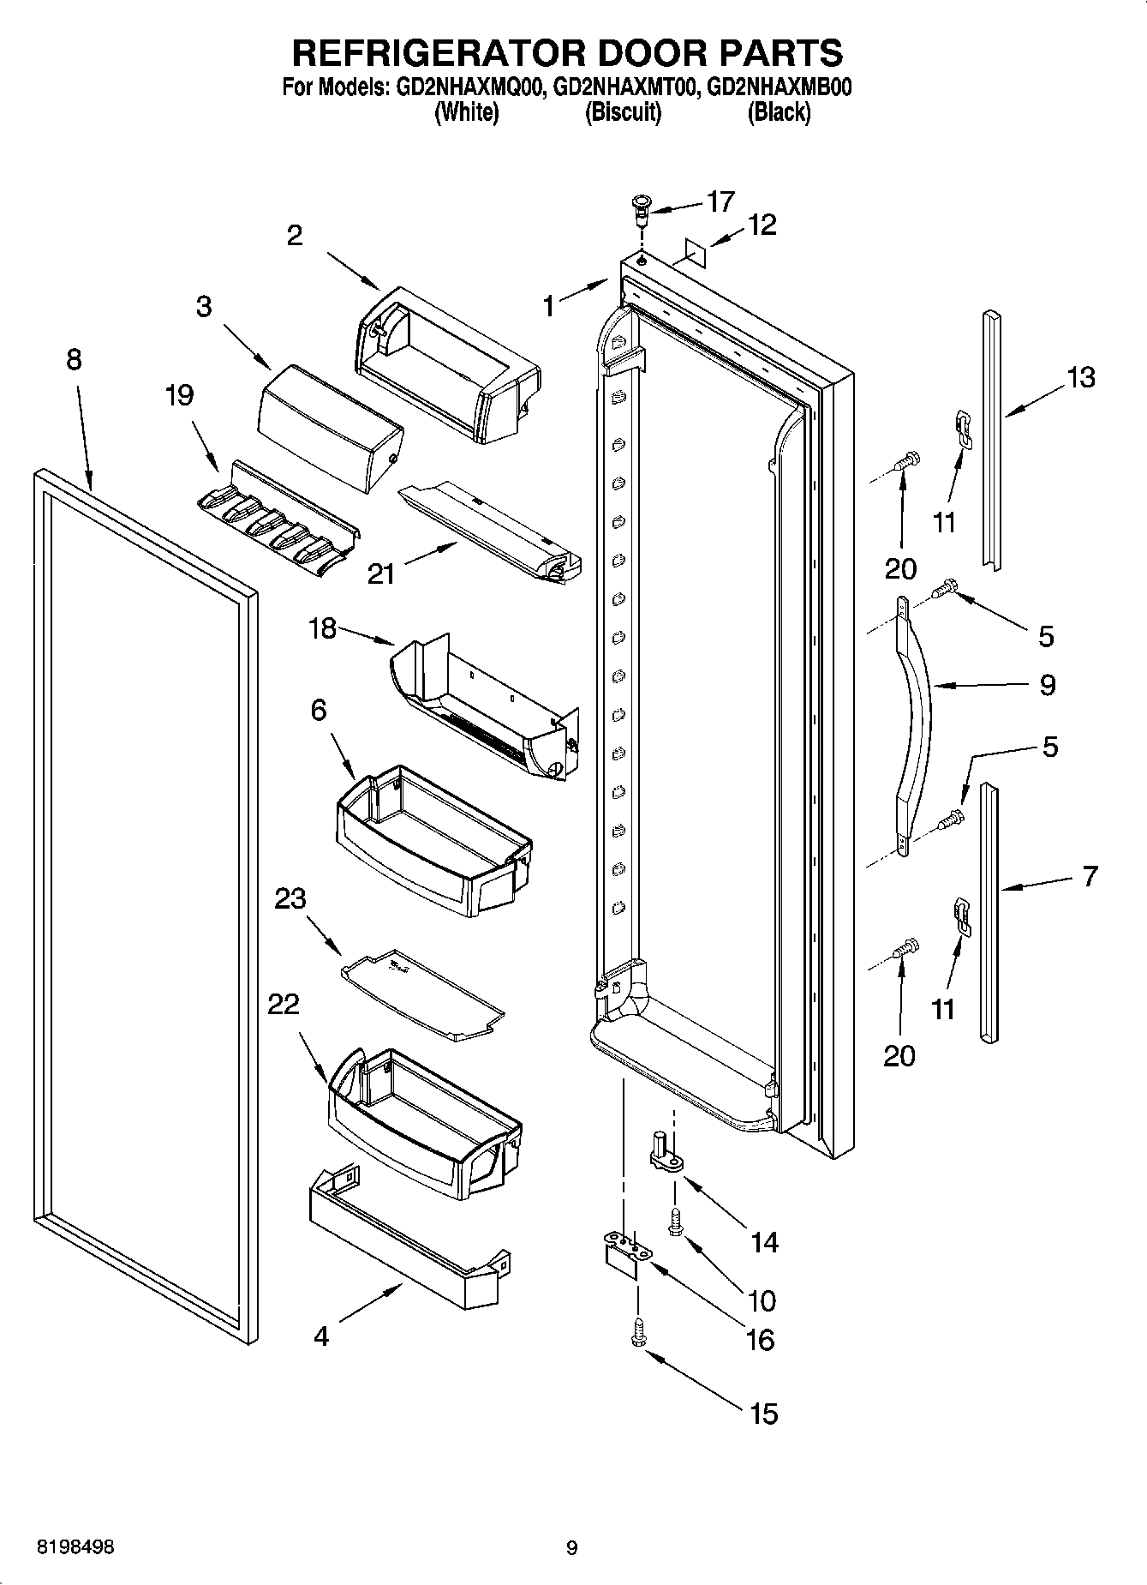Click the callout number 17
point(720,201)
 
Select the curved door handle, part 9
point(914,720)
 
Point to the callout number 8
point(74,359)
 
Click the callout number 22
point(284,1005)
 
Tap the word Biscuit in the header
point(623,112)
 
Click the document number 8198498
point(75,1547)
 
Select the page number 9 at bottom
point(572,1548)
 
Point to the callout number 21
point(380,573)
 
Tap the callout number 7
point(1090,876)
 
